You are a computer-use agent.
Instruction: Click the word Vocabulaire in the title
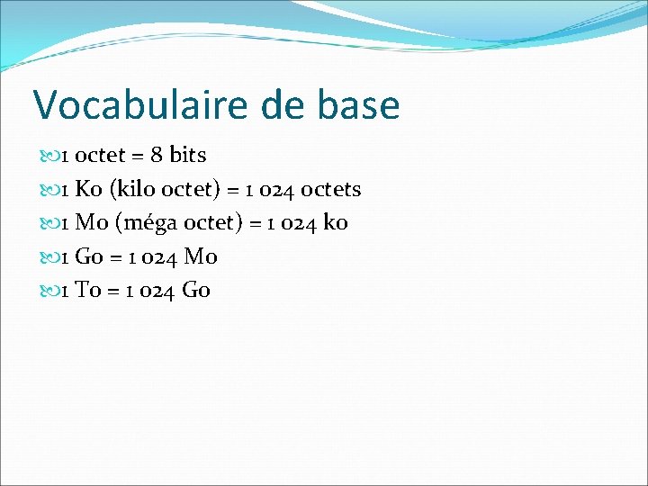point(140,106)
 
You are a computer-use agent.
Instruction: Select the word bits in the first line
point(188,156)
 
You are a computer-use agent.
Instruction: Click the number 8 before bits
point(157,156)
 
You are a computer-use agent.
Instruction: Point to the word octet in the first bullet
point(101,156)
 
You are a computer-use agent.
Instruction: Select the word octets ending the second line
point(330,190)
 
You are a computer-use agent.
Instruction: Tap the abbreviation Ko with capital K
point(88,190)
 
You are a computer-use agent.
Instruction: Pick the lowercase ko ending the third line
point(335,223)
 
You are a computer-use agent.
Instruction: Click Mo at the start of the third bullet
point(91,223)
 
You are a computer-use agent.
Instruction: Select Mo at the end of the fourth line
point(201,257)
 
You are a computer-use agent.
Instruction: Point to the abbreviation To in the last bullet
point(87,291)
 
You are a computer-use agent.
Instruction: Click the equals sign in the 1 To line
point(112,292)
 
